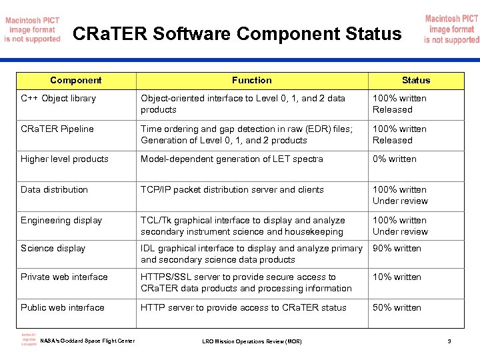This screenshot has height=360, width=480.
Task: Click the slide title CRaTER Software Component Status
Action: click(237, 33)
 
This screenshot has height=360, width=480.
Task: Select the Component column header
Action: click(75, 80)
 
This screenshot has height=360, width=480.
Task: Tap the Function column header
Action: click(251, 80)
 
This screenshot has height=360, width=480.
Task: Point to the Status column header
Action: click(416, 80)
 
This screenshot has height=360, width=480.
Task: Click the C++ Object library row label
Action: click(58, 99)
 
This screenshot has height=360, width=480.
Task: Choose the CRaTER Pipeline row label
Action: click(57, 129)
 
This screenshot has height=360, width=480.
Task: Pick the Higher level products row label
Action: click(64, 159)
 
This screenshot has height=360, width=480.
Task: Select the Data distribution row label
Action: click(54, 190)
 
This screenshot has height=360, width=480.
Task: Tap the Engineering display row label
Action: click(61, 221)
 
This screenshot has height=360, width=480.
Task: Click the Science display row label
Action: click(53, 249)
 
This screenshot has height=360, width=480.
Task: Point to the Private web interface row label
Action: click(64, 277)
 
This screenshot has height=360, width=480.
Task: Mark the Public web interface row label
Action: click(62, 308)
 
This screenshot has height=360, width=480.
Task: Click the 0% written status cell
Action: click(394, 159)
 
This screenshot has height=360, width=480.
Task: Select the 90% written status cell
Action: click(397, 249)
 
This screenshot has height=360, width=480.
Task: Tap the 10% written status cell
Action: click(397, 277)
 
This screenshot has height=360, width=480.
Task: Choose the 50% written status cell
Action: click(397, 308)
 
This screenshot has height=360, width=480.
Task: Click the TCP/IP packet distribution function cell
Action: click(232, 190)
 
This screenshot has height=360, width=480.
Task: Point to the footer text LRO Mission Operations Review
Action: click(251, 342)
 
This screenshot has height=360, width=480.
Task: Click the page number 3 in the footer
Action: click(449, 342)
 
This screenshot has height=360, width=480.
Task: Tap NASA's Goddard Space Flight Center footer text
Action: click(87, 341)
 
